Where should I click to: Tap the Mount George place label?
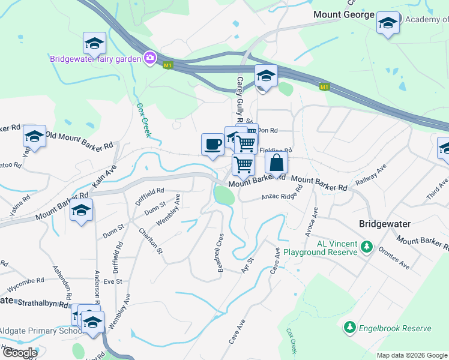[344, 14]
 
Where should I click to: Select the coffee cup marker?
[212, 144]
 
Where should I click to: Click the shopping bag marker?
[276, 163]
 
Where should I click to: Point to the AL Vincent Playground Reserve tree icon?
[366, 246]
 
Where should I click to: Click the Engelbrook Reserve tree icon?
[349, 328]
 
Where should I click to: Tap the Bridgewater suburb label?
[384, 224]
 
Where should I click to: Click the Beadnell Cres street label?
[221, 252]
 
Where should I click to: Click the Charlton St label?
[150, 240]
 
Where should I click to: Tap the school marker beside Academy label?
[388, 23]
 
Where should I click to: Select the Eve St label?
[112, 281]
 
